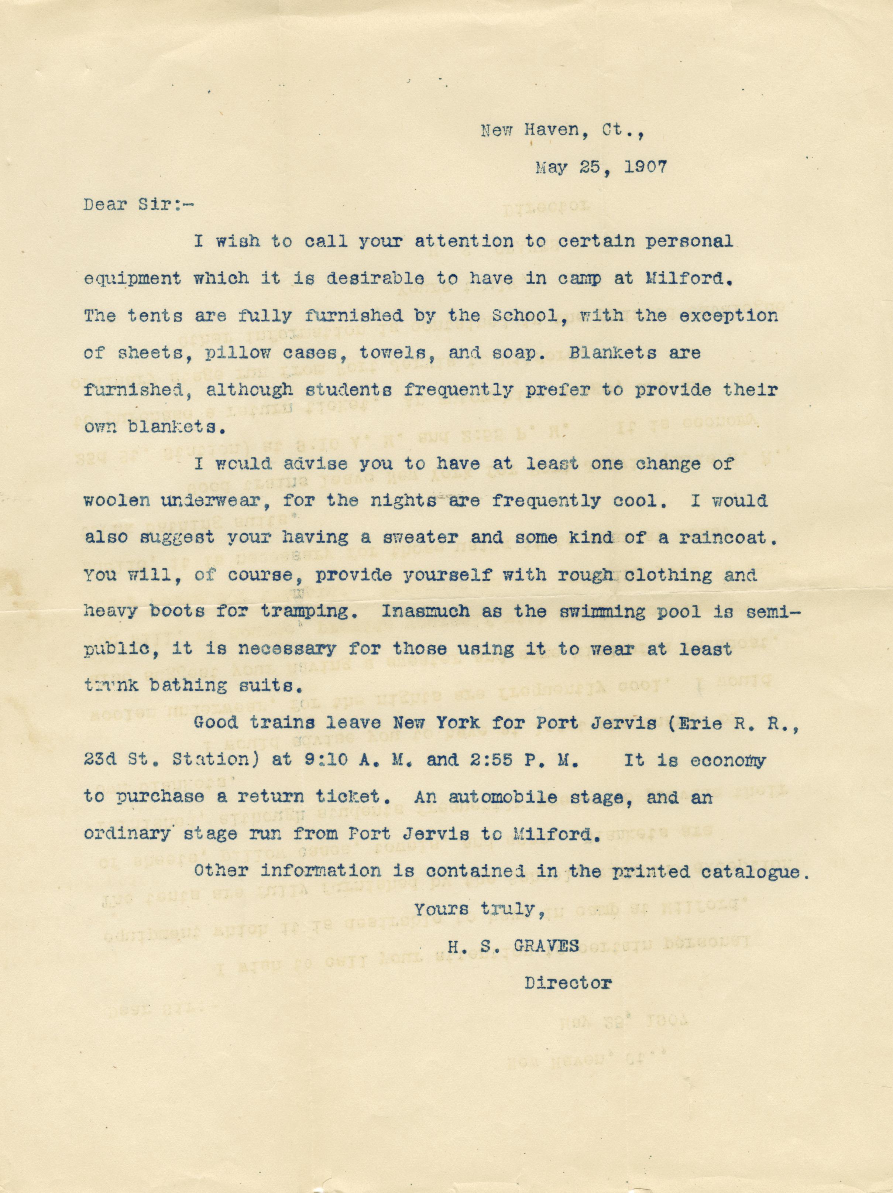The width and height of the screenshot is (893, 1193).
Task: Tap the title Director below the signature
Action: click(569, 983)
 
